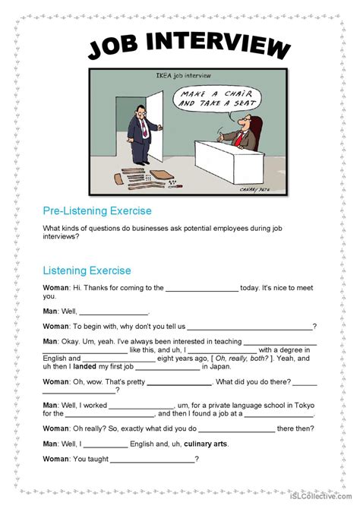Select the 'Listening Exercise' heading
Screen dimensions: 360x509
click(x=87, y=270)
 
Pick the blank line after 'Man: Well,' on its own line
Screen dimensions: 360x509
click(x=114, y=312)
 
